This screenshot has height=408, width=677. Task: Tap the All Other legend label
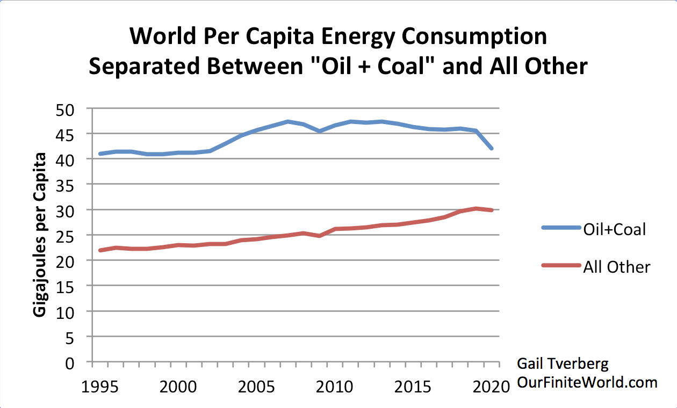pyautogui.click(x=617, y=267)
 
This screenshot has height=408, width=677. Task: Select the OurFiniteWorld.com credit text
pyautogui.click(x=587, y=383)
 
